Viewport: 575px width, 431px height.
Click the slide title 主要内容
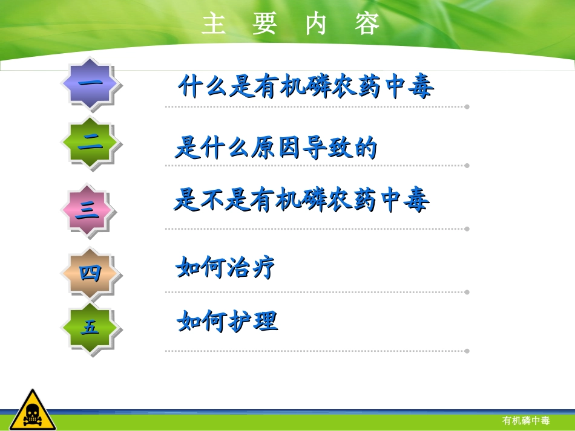[x=291, y=25]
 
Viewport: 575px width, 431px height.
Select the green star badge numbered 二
[x=90, y=143]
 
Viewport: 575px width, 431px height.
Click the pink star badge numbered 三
[x=87, y=210]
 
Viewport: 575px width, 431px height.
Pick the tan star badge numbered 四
[x=90, y=273]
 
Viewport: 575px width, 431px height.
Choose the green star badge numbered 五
[x=90, y=328]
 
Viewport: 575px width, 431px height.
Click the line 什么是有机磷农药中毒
[x=306, y=87]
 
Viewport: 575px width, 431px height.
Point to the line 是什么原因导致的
[x=276, y=147]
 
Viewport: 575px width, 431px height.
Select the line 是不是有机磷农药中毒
[x=301, y=199]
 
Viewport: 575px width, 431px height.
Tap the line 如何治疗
[x=225, y=267]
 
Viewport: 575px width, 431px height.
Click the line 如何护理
[x=228, y=321]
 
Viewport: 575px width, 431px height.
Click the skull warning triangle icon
[x=32, y=410]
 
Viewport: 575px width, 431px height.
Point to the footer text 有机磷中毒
[x=526, y=421]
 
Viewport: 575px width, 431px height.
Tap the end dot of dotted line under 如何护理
[x=467, y=351]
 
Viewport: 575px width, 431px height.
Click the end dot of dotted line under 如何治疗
[x=467, y=292]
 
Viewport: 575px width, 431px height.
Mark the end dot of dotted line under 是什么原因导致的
[x=467, y=165]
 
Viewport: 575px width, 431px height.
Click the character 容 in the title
[x=368, y=25]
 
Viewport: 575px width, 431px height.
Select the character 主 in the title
[x=214, y=25]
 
